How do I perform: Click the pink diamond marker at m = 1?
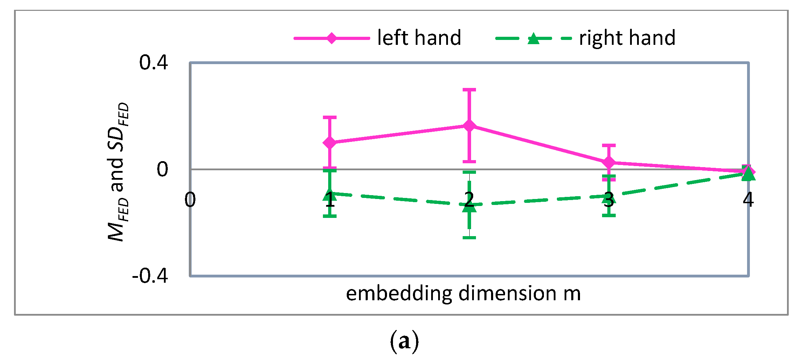point(330,143)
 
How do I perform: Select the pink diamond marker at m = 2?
point(469,126)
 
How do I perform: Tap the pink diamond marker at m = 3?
point(609,163)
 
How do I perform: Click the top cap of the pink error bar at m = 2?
point(469,90)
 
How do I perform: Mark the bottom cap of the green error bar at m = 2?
point(469,238)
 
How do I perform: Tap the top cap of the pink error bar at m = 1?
point(330,117)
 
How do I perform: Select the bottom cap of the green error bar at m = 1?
point(330,216)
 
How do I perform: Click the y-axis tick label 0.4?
point(153,63)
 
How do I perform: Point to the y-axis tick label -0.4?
point(150,276)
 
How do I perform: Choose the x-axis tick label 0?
point(190,200)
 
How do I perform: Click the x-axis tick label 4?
point(748,200)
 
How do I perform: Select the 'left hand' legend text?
point(419,38)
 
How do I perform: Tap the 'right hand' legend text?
point(627,38)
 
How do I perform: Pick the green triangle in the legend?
point(533,38)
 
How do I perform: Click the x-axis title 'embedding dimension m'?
point(463,293)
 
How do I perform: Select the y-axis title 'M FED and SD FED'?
point(118,172)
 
